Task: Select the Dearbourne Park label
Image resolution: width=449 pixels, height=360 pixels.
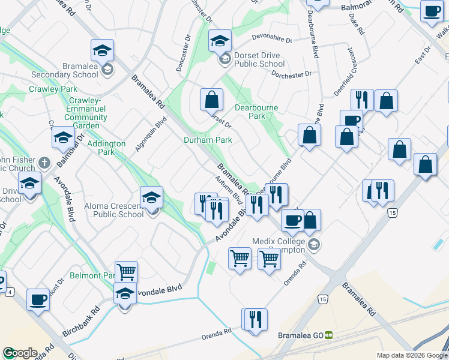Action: pos(257,112)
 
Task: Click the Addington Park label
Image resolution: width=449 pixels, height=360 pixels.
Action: pos(106,148)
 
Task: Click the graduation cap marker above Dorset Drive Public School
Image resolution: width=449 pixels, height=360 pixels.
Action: pos(220,41)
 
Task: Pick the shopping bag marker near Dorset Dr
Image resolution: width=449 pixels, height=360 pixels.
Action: pos(212,100)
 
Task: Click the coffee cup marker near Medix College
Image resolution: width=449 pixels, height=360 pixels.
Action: pos(292,220)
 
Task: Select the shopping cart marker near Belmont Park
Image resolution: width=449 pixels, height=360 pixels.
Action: pos(126,272)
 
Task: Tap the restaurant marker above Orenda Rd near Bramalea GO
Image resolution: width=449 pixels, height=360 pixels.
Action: pos(256,319)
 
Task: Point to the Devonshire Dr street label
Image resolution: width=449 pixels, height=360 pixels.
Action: pos(271,40)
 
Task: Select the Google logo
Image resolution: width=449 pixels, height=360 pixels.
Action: pos(20,353)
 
